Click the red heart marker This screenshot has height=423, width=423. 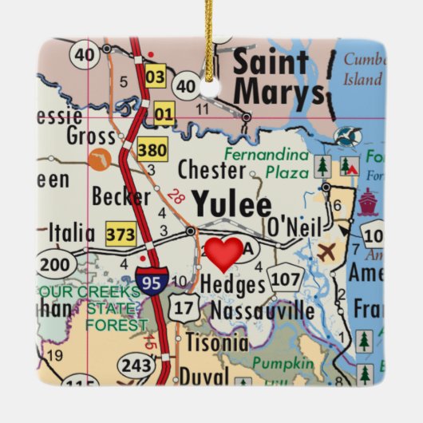(x=224, y=253)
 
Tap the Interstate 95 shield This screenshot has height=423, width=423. (x=152, y=281)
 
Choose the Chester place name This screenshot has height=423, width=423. (x=211, y=169)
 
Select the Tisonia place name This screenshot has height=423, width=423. (x=216, y=343)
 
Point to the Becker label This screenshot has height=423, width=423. (x=121, y=196)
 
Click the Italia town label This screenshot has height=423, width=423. (x=72, y=233)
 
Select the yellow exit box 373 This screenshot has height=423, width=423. (x=121, y=234)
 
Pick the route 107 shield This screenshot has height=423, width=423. (x=285, y=279)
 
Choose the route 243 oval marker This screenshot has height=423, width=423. (x=136, y=366)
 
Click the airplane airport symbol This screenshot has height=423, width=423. (x=326, y=252)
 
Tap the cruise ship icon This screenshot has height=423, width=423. (x=366, y=203)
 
